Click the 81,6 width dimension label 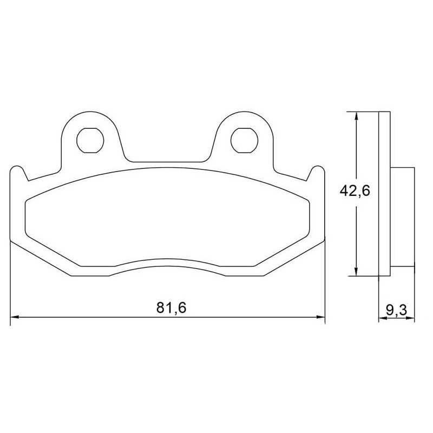coord(171,308)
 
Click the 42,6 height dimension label coord(355,191)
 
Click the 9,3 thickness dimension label coord(397,310)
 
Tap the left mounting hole coord(90,140)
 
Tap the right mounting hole coord(244,140)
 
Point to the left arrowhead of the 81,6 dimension coord(15,317)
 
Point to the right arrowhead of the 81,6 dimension coord(321,317)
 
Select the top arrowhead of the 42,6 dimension coord(357,116)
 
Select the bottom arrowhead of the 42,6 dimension coord(357,272)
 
